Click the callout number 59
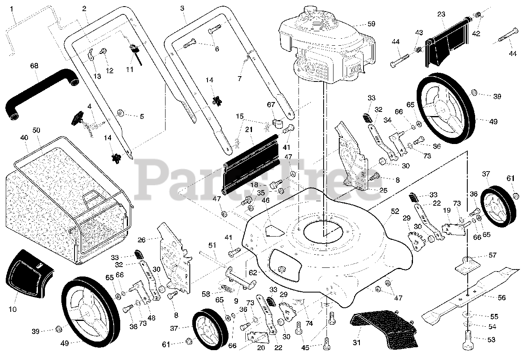pyautogui.click(x=371, y=24)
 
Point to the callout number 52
pyautogui.click(x=395, y=211)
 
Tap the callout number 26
pyautogui.click(x=142, y=240)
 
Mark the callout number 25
pyautogui.click(x=383, y=190)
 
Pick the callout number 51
pyautogui.click(x=212, y=246)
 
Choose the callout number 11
pyautogui.click(x=130, y=70)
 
